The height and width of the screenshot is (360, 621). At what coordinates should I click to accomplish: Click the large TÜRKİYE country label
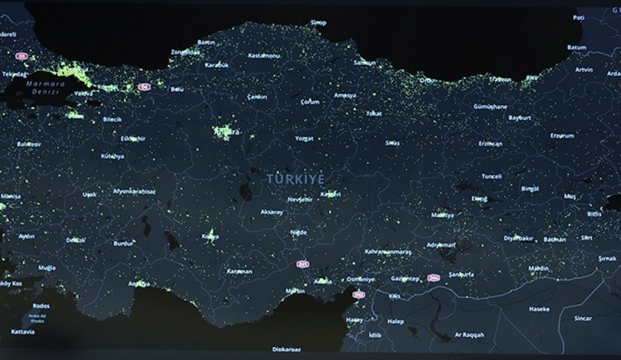tap(295, 178)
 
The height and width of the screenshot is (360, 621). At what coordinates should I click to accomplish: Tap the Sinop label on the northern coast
tap(318, 23)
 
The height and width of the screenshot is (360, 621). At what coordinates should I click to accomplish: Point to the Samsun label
tap(364, 63)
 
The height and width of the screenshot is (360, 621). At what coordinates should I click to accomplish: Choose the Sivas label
tap(393, 142)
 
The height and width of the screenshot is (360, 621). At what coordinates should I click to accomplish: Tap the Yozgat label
tap(304, 139)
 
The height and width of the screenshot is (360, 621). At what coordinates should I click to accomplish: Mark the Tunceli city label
tap(492, 176)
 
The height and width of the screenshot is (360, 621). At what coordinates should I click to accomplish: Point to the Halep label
tap(395, 320)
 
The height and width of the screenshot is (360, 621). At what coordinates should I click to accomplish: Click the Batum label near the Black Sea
tap(576, 47)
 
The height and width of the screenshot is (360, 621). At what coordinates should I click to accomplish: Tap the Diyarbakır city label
tap(518, 237)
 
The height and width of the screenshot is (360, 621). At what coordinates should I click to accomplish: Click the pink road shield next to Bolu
tap(144, 87)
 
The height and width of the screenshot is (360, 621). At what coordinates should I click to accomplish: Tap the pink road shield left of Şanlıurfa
tap(434, 278)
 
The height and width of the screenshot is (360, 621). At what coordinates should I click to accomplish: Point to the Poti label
tap(579, 17)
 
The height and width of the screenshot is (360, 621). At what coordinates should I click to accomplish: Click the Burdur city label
tap(123, 244)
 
